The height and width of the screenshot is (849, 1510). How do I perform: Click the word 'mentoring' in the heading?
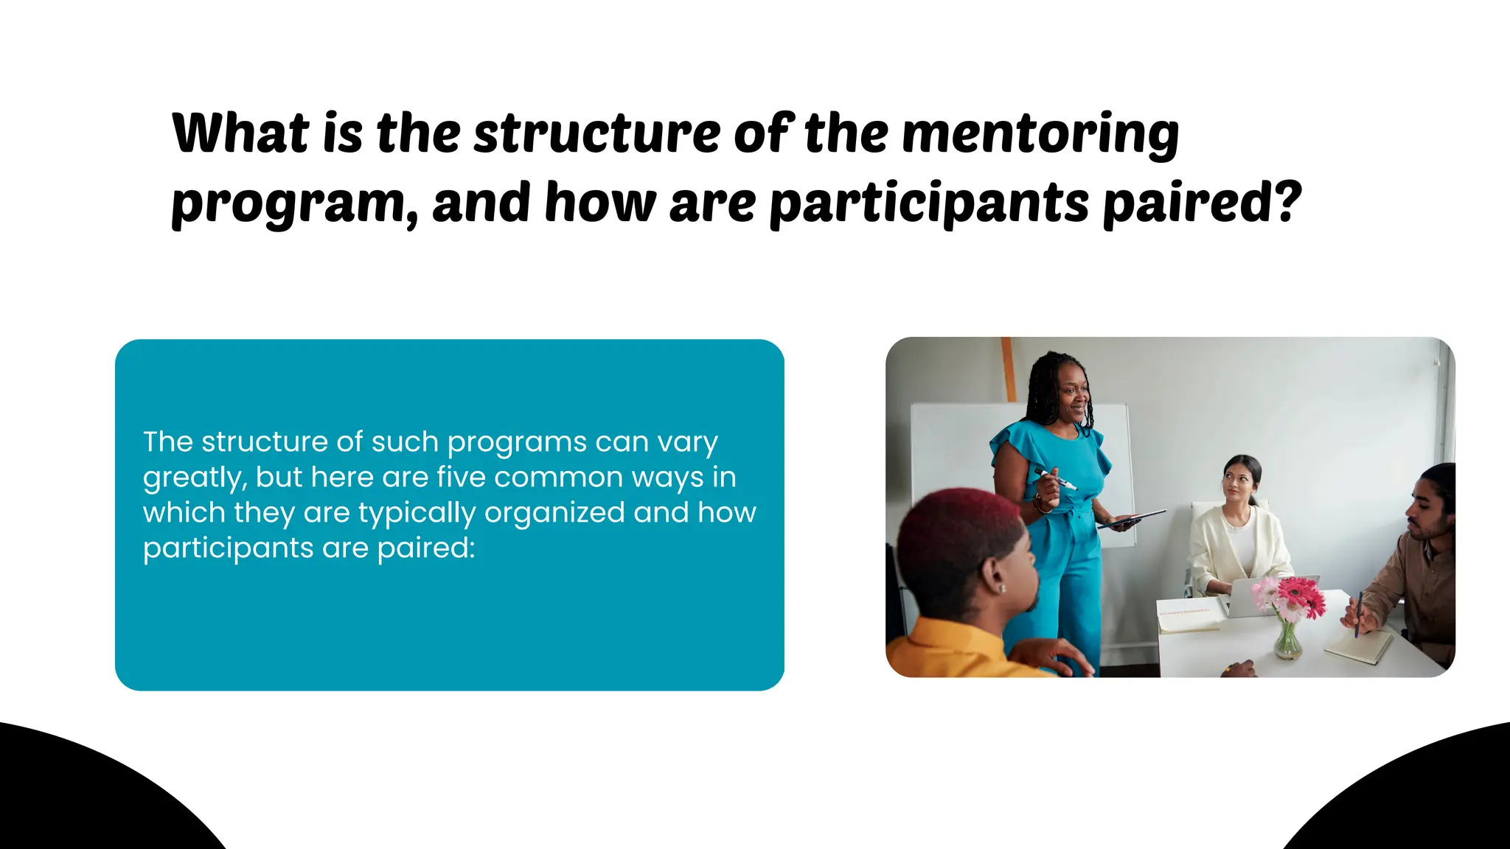[1040, 134]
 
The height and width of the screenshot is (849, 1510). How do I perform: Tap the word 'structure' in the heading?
[596, 134]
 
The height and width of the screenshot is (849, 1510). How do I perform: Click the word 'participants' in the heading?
[929, 203]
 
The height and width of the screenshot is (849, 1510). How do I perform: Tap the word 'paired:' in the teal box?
[426, 548]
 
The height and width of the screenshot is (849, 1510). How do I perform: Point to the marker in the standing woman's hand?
[1055, 478]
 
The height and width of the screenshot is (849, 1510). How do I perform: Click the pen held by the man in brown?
[1357, 613]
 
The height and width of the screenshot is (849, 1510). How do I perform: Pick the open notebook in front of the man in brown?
[1357, 647]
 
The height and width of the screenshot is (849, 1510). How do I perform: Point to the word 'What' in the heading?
[240, 134]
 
